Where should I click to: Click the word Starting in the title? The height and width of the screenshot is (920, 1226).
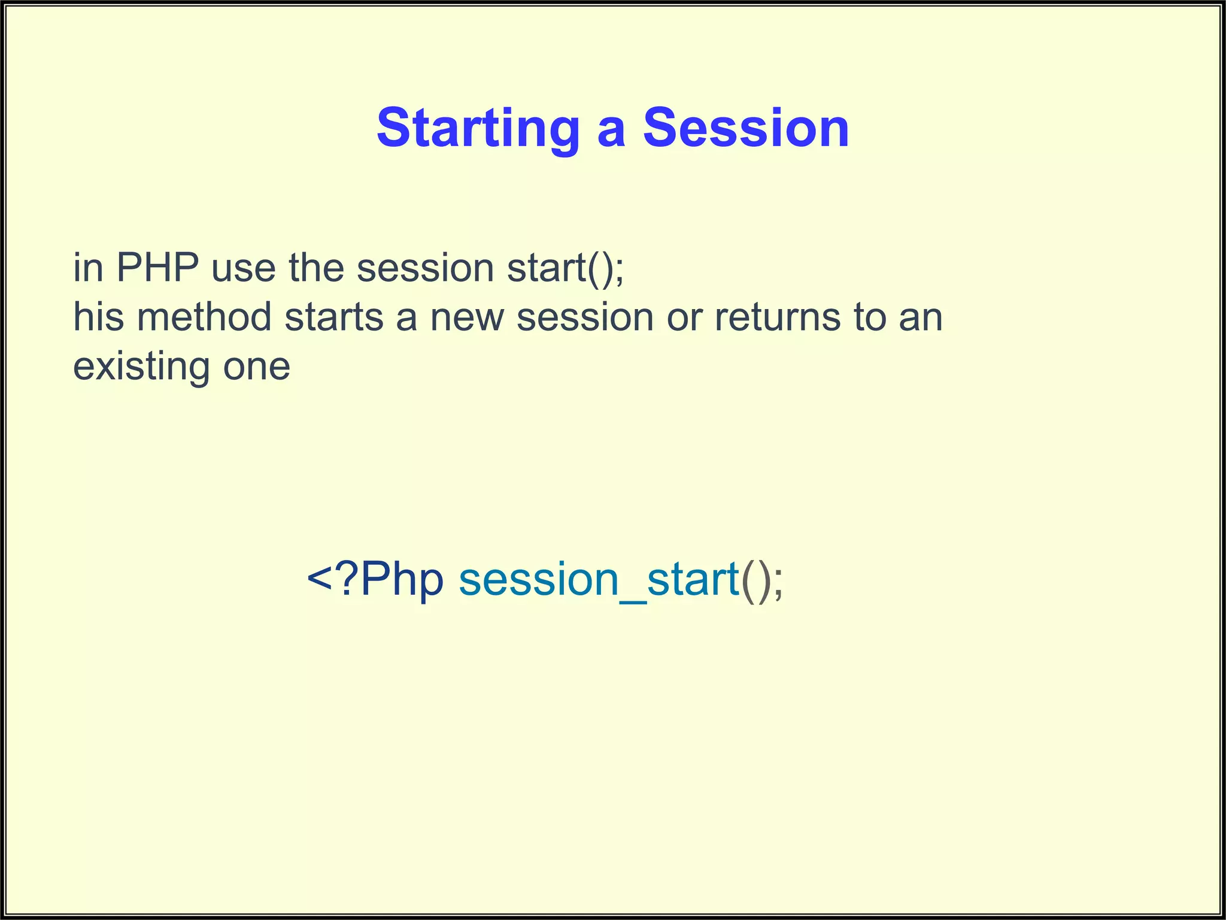[x=478, y=128]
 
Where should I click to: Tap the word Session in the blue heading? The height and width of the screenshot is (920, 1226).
[x=746, y=128]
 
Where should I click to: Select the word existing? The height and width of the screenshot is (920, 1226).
[x=141, y=366]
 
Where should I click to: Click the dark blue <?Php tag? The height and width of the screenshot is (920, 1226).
[x=375, y=579]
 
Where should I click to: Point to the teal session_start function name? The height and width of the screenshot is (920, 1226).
[x=599, y=579]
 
